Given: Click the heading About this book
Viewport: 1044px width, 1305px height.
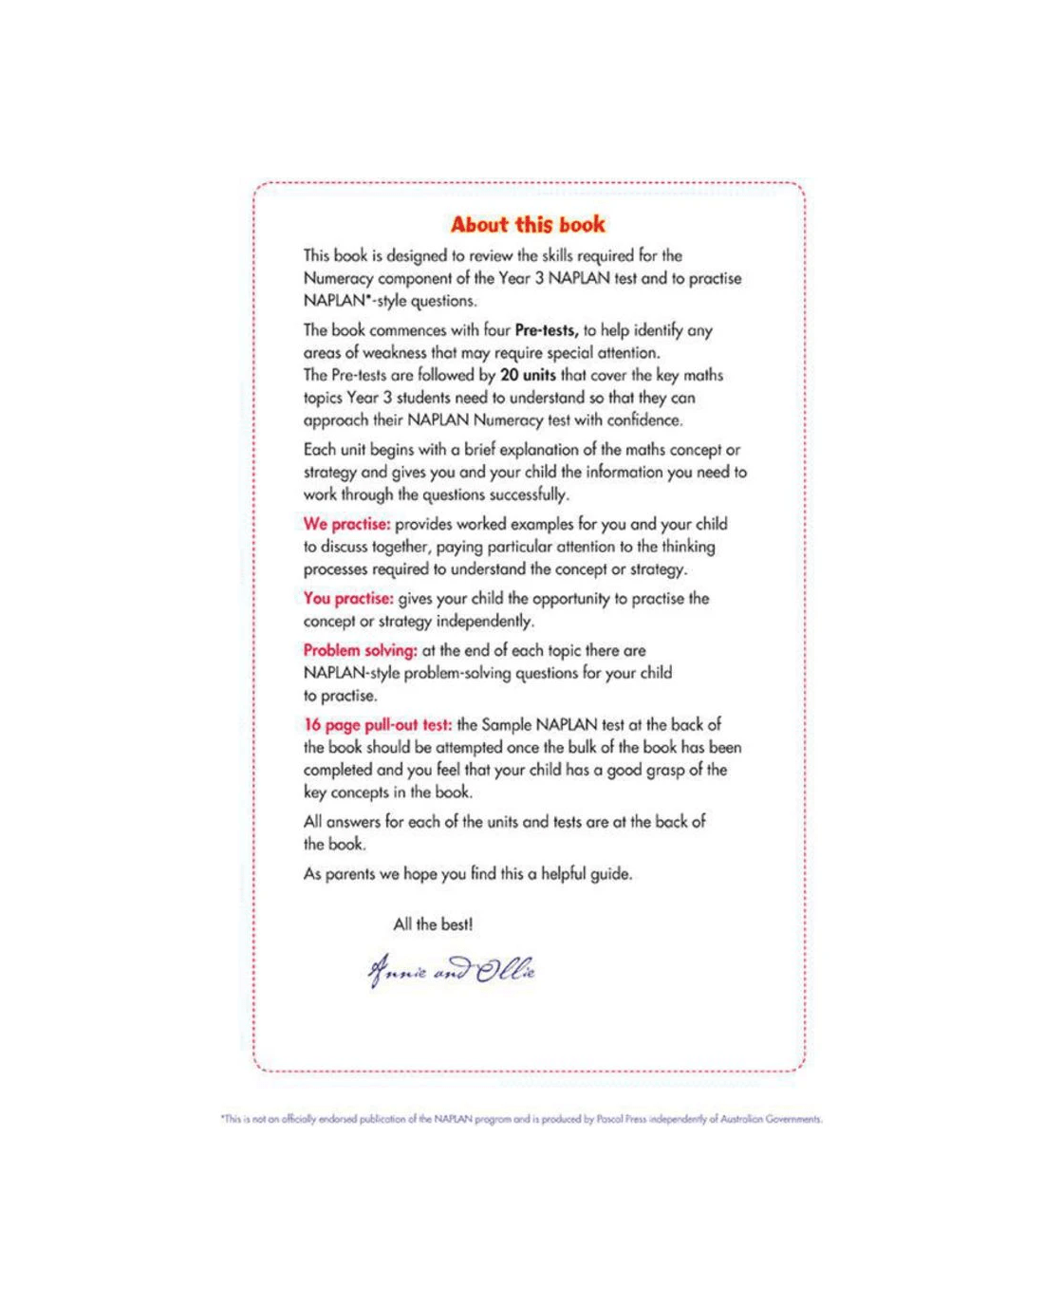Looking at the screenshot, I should tap(528, 225).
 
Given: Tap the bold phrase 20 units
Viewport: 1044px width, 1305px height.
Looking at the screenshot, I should tap(528, 375).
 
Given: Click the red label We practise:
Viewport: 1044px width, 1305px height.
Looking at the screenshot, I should tap(346, 524).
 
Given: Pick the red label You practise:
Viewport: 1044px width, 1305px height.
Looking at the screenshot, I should tap(348, 599).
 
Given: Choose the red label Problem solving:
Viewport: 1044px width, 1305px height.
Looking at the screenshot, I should tap(360, 650).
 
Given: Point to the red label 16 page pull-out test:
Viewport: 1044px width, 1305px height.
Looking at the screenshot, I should tap(378, 725).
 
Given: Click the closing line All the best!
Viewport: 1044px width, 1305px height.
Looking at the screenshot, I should tap(433, 924).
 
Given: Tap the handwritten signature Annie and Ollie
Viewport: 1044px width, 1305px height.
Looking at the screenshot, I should tap(452, 971).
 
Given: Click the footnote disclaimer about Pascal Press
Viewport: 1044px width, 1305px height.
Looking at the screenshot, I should tap(521, 1119).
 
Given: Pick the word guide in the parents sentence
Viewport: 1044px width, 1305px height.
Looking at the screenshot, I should tap(609, 874).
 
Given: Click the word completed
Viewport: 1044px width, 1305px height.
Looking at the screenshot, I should tap(338, 770).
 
